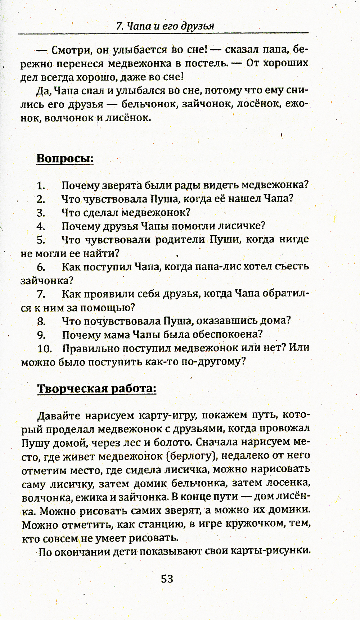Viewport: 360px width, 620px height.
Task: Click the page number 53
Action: tap(167, 579)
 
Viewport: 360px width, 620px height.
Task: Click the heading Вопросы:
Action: tap(65, 158)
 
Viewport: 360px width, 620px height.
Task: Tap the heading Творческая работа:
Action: tap(97, 389)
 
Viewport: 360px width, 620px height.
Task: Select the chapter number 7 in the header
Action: tap(120, 26)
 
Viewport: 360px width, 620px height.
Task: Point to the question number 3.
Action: tap(41, 213)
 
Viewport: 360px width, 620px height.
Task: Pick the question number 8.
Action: tap(41, 321)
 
